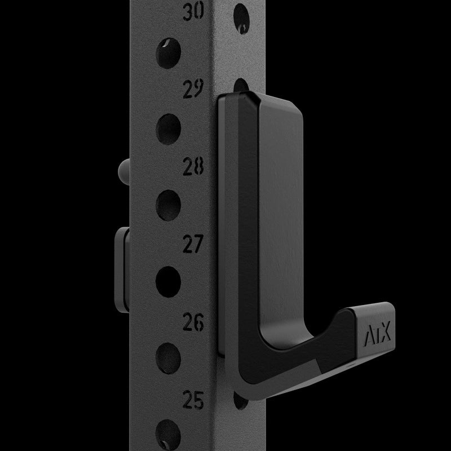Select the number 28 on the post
194,167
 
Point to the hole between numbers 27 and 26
168,280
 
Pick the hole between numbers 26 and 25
168,356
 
